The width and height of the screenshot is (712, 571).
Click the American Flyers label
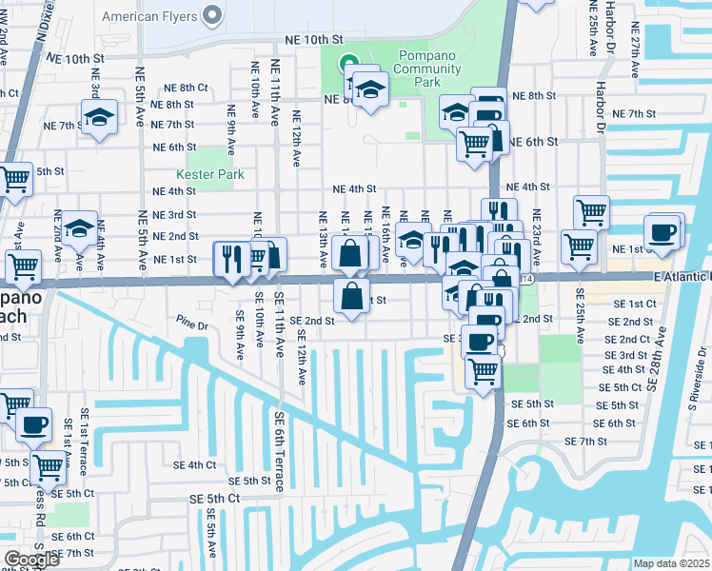click(x=150, y=16)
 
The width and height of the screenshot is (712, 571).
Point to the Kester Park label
click(x=210, y=174)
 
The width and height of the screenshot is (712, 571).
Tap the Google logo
click(x=31, y=560)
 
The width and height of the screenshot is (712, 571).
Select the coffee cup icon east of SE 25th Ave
click(x=663, y=230)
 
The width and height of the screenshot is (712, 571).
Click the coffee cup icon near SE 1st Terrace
click(x=36, y=424)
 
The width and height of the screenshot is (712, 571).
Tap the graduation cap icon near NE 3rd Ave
click(x=98, y=117)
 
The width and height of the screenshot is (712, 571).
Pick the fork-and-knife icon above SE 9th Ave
click(x=231, y=256)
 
